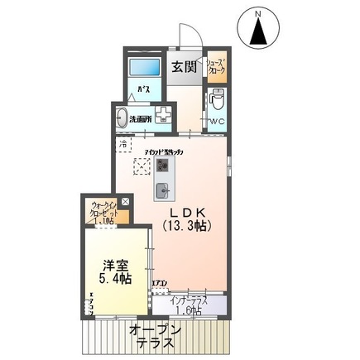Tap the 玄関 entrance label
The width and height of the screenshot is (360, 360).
184,69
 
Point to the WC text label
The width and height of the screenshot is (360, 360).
217,122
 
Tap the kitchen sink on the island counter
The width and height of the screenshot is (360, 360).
163,191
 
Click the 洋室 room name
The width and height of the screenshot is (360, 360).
115,266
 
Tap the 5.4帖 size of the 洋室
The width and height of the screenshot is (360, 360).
115,280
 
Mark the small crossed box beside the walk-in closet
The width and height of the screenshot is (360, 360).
125,201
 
